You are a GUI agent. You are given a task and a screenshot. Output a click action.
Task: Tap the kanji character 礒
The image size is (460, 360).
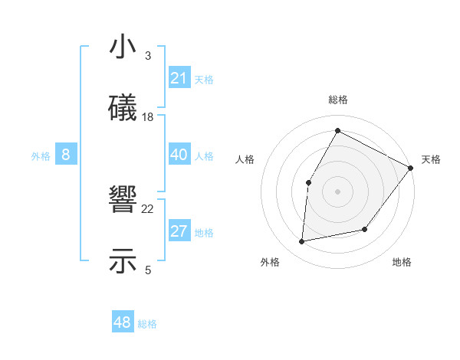(x=123, y=110)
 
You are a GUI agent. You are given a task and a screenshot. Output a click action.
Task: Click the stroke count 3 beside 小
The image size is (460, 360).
(x=147, y=55)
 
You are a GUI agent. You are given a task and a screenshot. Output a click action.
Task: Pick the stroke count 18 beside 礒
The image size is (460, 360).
(x=148, y=117)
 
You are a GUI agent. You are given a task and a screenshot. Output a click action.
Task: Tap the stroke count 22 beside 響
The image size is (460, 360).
(x=148, y=208)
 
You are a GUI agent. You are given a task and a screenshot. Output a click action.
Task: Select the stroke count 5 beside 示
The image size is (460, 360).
(x=147, y=270)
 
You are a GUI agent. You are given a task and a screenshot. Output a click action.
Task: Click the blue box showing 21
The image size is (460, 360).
(x=179, y=78)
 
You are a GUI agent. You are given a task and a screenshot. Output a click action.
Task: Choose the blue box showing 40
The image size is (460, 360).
(x=179, y=155)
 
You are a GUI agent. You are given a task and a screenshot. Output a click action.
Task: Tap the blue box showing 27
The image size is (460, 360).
(x=179, y=231)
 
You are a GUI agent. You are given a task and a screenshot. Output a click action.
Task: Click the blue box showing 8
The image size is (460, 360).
(x=66, y=155)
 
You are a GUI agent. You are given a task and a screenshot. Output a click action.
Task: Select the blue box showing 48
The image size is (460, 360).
(x=122, y=322)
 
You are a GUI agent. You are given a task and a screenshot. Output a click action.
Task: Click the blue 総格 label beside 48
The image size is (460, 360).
(x=147, y=324)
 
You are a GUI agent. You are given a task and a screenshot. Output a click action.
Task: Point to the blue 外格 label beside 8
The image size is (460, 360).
(x=41, y=156)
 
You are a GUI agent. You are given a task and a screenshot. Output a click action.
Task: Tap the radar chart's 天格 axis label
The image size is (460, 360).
(x=431, y=159)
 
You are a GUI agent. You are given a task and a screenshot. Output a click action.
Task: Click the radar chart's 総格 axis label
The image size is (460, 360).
(x=338, y=100)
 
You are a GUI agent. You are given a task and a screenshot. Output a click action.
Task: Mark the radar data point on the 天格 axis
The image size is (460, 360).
(x=410, y=168)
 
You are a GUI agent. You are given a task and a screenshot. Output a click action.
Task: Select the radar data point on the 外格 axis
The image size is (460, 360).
(x=302, y=242)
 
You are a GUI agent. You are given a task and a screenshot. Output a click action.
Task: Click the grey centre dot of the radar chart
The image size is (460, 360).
(x=337, y=191)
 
